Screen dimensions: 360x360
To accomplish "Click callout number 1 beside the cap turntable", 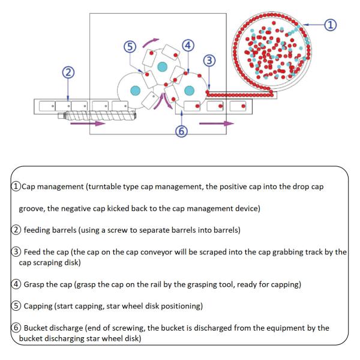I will coord(329,25).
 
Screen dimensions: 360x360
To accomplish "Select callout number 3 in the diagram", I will coord(209,60).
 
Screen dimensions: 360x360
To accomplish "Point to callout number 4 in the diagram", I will coord(188,46).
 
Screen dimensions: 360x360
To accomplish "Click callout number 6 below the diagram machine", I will coord(180,131).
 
